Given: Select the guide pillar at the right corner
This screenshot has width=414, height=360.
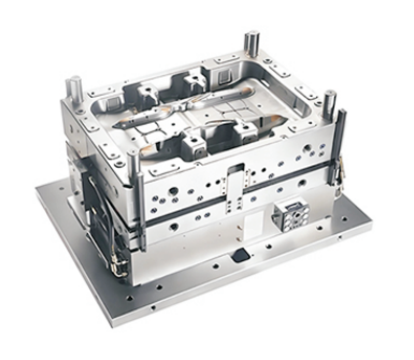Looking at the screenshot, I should click(330, 101).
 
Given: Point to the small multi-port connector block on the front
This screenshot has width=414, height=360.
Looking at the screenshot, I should click(290, 213).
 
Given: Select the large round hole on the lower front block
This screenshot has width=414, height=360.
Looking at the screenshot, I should click(173, 226).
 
